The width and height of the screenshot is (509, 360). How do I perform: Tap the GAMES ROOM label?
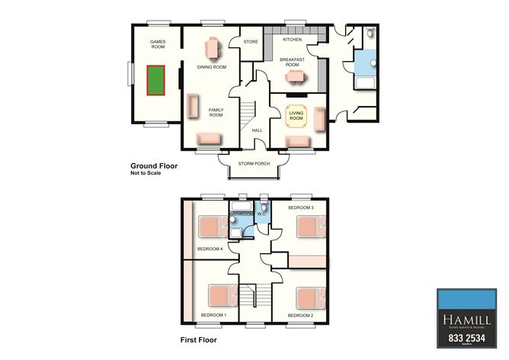click(x=158, y=43)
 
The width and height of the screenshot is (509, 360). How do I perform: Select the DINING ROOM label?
click(x=212, y=67)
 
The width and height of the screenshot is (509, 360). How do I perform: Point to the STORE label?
click(x=249, y=41)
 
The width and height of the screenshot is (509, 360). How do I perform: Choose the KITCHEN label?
click(x=292, y=39)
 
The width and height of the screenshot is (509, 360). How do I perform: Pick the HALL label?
click(x=257, y=130)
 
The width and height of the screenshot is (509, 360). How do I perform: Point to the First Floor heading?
click(x=198, y=339)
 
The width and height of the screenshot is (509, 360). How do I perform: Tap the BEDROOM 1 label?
click(x=213, y=315)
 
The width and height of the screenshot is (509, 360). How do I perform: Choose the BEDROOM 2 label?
click(x=300, y=315)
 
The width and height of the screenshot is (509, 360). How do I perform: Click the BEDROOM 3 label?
click(x=301, y=207)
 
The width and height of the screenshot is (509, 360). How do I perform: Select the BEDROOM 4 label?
click(x=210, y=249)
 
